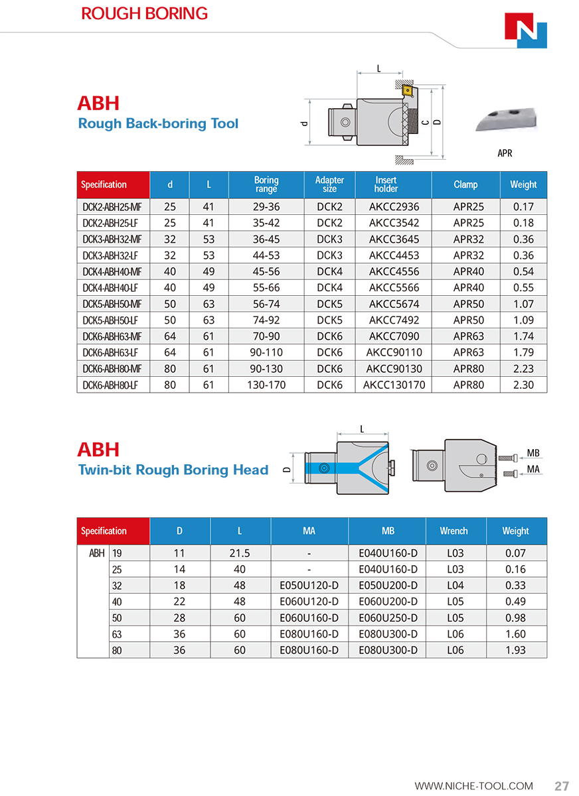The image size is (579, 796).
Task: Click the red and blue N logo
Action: (526, 31)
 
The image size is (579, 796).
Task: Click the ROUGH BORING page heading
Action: (144, 13)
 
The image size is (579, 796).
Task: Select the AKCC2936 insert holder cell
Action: (394, 207)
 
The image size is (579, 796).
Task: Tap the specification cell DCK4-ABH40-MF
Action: (112, 271)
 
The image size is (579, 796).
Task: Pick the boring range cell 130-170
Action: (266, 385)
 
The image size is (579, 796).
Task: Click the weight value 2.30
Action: (523, 385)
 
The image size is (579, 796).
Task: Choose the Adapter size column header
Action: (329, 184)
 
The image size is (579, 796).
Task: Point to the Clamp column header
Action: (465, 184)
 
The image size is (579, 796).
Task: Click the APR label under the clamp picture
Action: (505, 153)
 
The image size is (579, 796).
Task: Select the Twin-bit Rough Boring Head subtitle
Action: (173, 470)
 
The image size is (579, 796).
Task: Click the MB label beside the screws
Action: (533, 453)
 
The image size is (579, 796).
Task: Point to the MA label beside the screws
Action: (533, 469)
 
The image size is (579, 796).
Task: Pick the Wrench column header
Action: (454, 531)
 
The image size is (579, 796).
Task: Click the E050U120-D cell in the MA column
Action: (309, 586)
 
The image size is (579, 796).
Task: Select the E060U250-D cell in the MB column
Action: (388, 618)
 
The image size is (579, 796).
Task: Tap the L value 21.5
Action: (240, 553)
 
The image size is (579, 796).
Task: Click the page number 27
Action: (562, 786)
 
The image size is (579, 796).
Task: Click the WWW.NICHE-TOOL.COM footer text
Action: (473, 786)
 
